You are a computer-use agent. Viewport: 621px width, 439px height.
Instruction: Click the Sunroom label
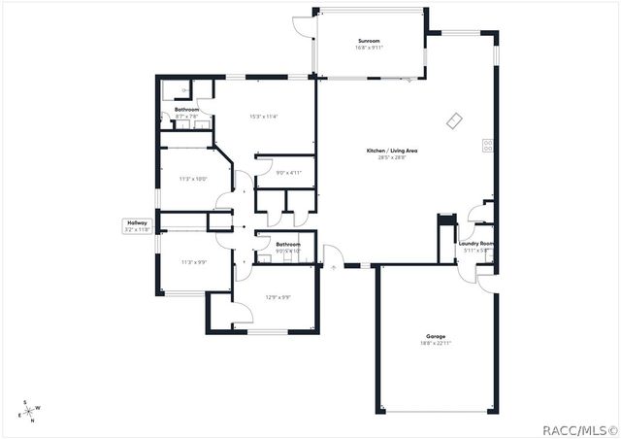click(369, 41)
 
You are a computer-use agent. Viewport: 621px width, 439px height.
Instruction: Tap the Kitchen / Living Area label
click(392, 151)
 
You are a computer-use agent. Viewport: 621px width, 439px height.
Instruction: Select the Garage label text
click(436, 336)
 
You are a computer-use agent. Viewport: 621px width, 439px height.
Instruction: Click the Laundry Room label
click(476, 244)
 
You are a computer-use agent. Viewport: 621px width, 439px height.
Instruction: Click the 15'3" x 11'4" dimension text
click(264, 117)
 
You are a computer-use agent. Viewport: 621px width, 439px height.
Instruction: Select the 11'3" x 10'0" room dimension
click(193, 179)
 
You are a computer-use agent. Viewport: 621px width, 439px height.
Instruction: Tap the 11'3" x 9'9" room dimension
click(193, 262)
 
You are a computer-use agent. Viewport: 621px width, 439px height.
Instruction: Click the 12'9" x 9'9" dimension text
click(278, 297)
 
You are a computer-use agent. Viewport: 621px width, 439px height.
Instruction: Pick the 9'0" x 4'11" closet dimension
click(289, 173)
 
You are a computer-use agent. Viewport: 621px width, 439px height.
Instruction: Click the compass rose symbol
click(29, 411)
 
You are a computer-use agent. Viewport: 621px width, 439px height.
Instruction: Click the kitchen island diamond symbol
click(454, 120)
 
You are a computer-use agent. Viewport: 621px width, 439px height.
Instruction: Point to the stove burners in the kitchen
click(487, 147)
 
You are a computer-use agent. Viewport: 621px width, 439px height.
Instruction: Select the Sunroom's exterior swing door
click(303, 26)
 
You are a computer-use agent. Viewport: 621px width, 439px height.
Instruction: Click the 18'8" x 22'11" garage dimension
click(436, 344)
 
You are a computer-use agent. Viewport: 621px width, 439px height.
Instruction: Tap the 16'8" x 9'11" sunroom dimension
click(369, 48)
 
